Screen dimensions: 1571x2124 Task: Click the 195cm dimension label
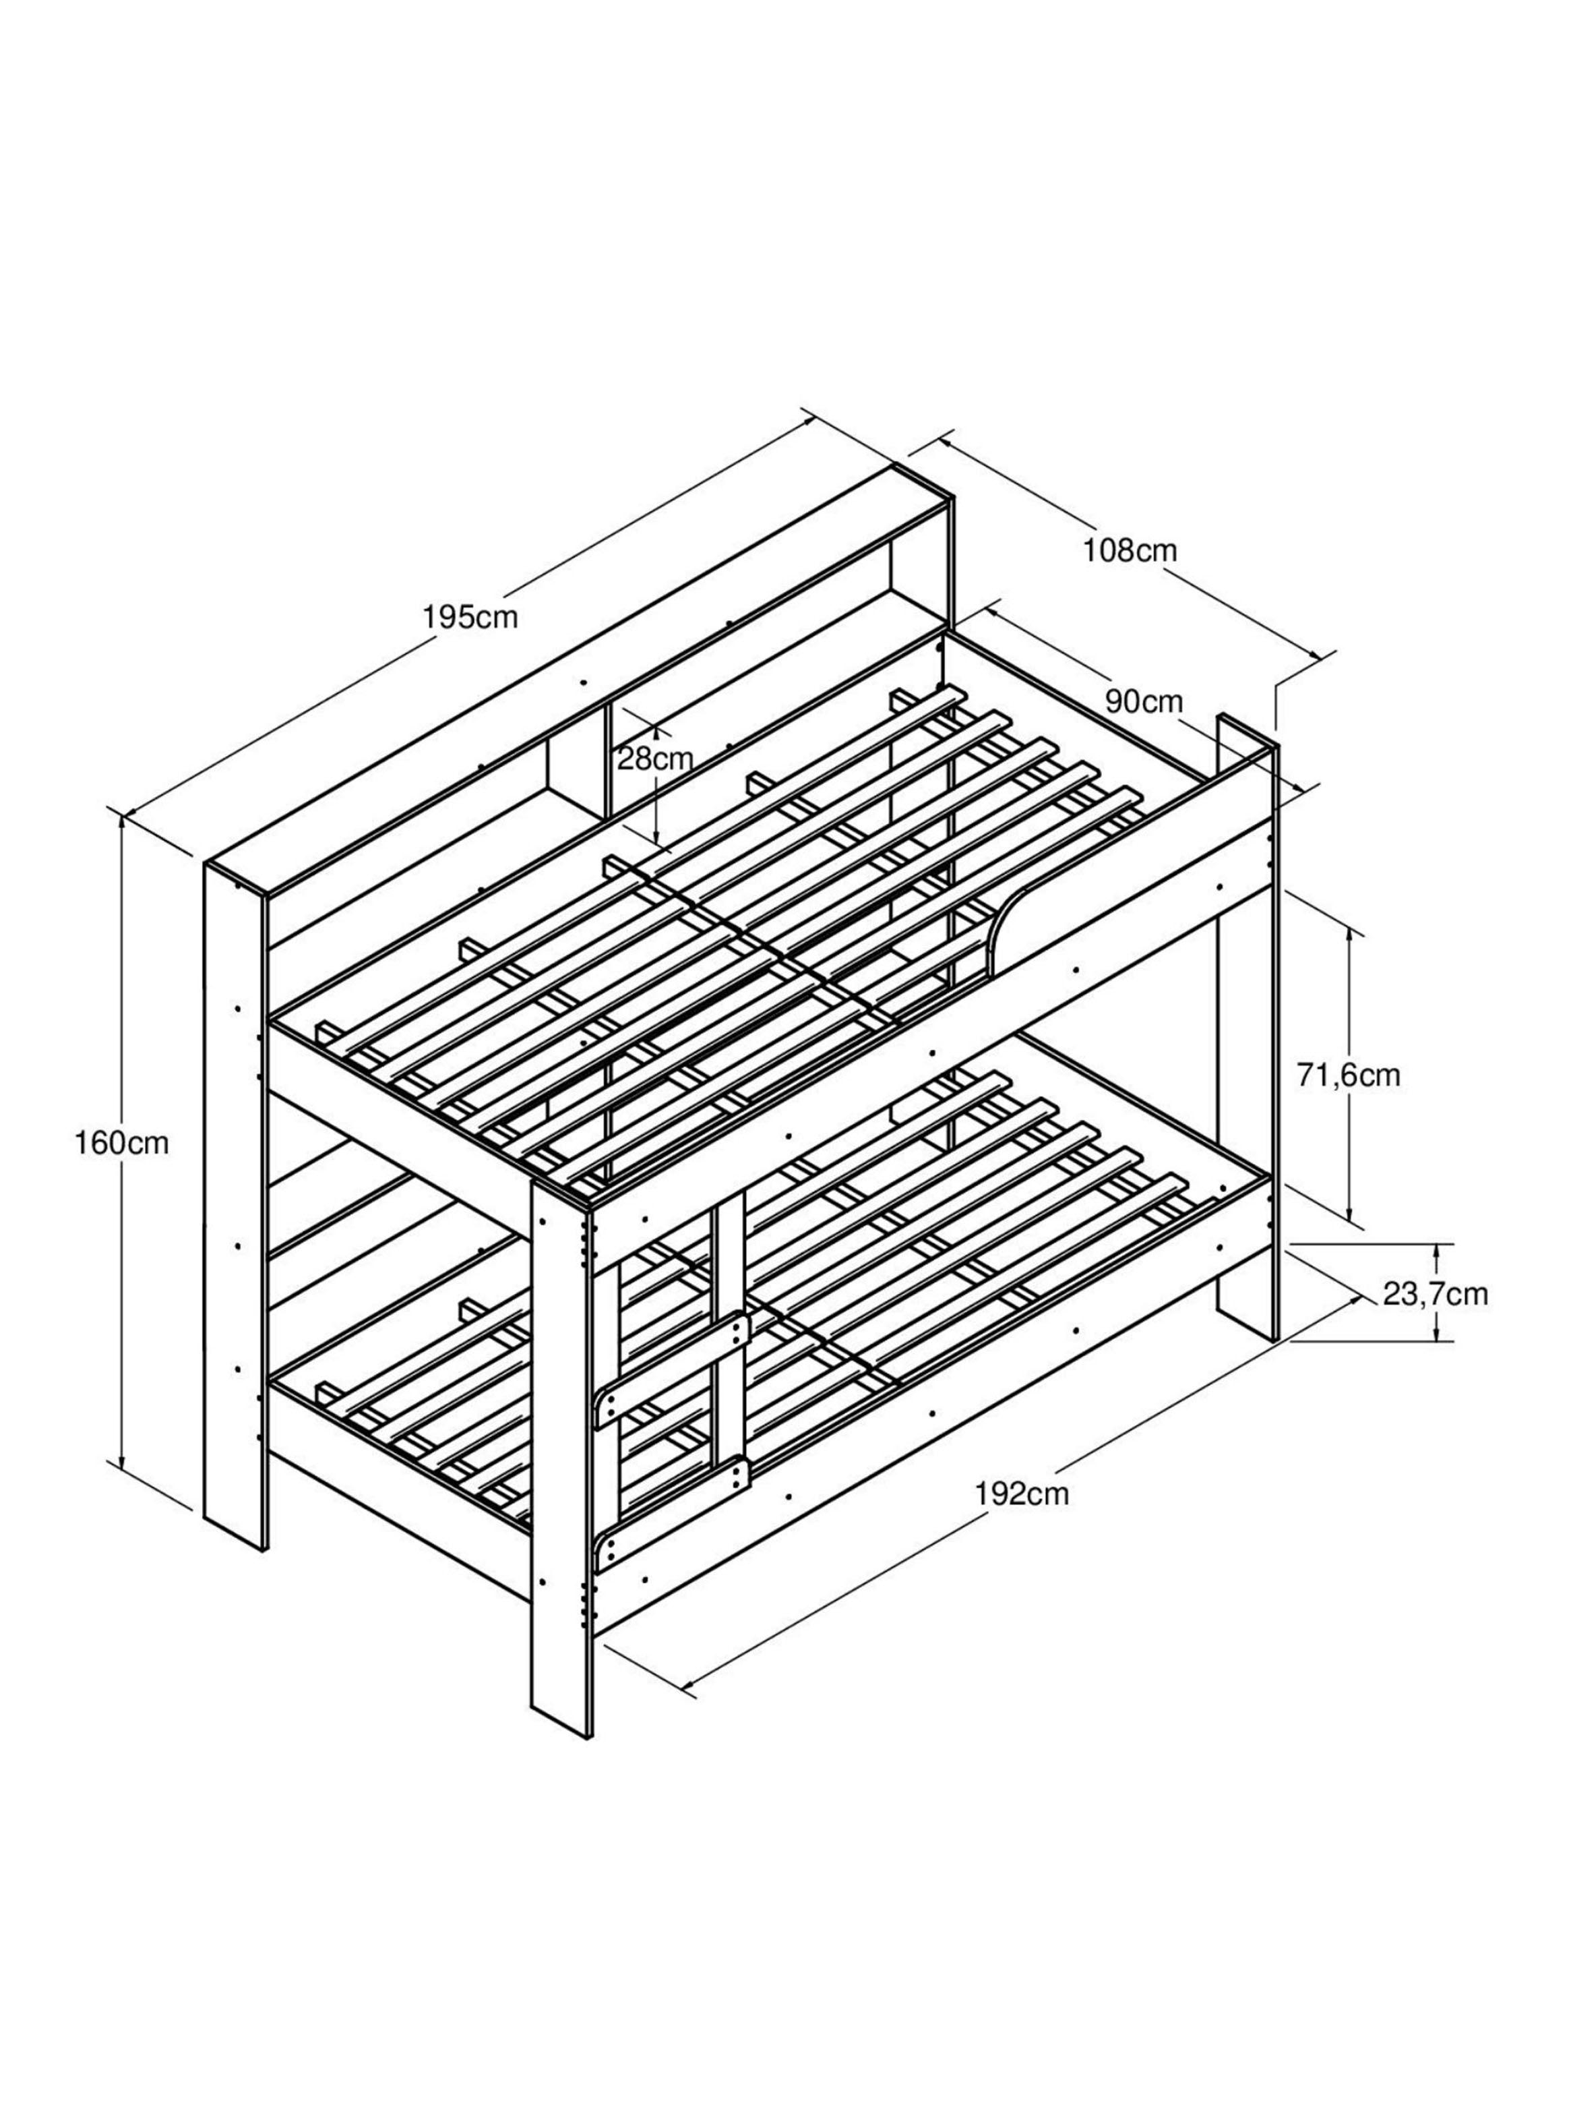point(470,618)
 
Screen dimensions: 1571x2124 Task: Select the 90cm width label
point(1144,702)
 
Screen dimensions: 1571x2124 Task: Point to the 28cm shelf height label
point(655,759)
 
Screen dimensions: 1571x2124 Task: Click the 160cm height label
point(122,1144)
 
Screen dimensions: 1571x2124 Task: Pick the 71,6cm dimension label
point(1349,1075)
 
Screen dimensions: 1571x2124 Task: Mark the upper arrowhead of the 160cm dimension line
point(122,825)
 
